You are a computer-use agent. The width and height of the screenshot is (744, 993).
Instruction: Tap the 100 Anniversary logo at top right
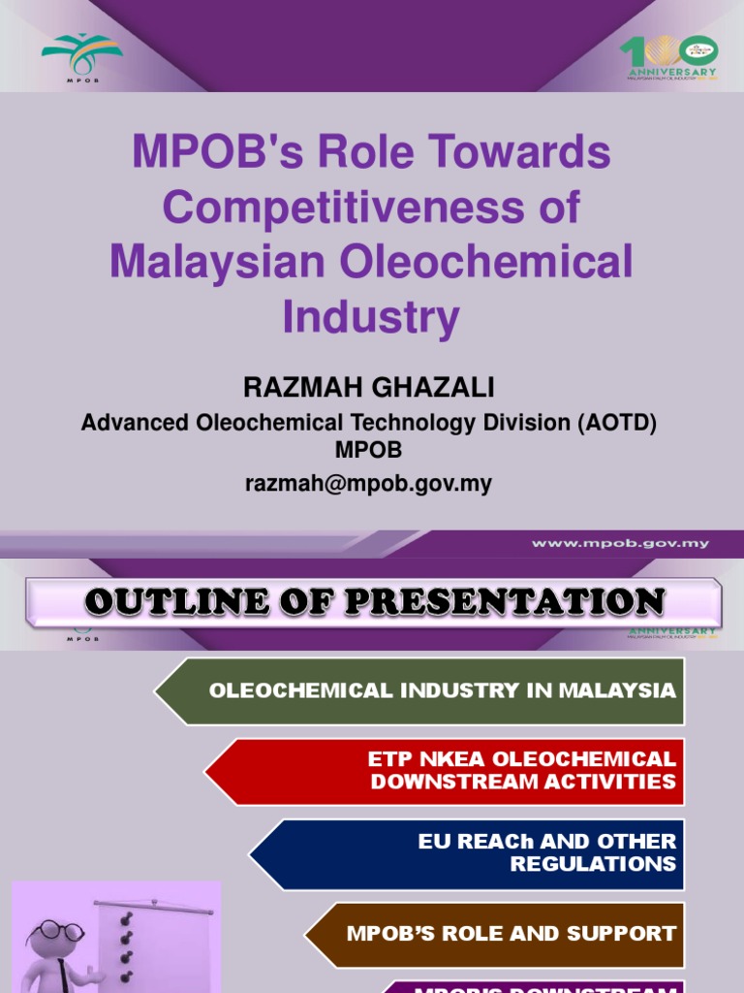tap(668, 56)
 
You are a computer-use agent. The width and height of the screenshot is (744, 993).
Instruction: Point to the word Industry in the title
tap(371, 316)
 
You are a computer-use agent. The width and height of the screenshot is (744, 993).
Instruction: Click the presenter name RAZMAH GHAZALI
tap(368, 389)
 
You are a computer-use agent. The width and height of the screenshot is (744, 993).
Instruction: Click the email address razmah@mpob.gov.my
tap(368, 482)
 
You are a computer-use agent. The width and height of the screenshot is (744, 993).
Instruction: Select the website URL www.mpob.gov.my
tap(620, 543)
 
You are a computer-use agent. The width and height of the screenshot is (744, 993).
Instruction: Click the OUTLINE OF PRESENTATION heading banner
tap(373, 602)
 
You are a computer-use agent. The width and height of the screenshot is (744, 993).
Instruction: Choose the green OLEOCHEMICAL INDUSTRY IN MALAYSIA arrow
tap(426, 690)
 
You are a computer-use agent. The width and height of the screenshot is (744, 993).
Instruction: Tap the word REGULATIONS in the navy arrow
tap(593, 863)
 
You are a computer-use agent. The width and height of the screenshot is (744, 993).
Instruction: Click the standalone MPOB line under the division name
tap(368, 450)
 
